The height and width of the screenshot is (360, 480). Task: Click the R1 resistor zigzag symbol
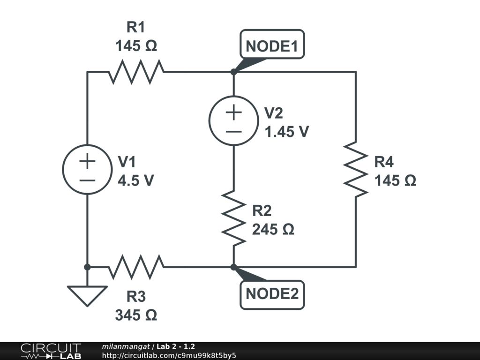click(x=136, y=72)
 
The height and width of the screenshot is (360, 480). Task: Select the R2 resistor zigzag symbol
click(x=233, y=217)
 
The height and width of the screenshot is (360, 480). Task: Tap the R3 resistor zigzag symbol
click(x=136, y=267)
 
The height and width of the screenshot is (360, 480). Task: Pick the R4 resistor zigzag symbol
click(x=355, y=169)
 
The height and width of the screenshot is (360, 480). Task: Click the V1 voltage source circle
click(x=87, y=169)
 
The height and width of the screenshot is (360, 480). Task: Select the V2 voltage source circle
click(x=233, y=120)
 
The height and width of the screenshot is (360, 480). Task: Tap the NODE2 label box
click(x=272, y=294)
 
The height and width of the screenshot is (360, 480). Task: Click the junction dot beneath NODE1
click(x=233, y=72)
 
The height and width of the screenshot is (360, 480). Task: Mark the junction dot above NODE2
click(x=233, y=267)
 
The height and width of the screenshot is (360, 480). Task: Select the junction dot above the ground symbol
click(x=87, y=267)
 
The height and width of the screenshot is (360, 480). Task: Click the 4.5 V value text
click(x=135, y=180)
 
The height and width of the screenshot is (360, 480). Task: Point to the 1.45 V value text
click(x=286, y=132)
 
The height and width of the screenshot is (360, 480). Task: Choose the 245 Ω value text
click(x=273, y=230)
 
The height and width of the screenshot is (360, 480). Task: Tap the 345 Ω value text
click(x=136, y=315)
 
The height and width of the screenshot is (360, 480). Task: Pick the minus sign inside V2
click(x=233, y=131)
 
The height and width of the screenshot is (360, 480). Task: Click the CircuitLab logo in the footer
click(x=50, y=351)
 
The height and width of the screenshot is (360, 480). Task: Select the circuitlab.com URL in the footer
click(x=169, y=355)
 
